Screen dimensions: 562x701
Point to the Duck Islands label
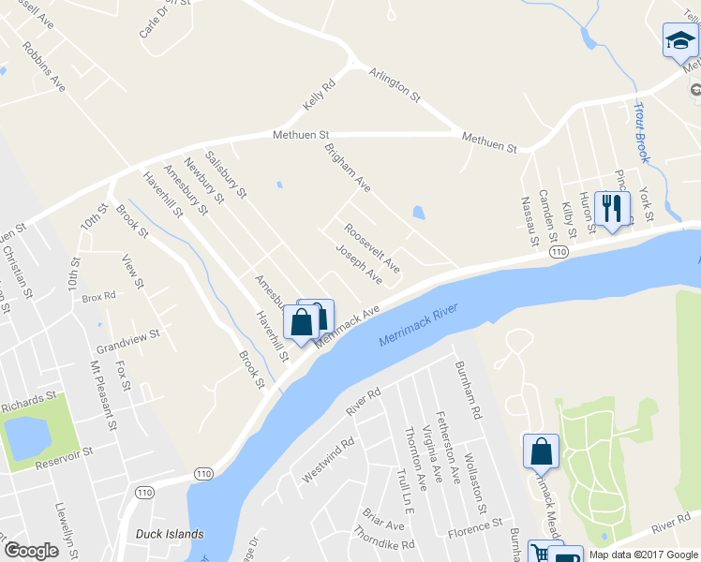click(169, 535)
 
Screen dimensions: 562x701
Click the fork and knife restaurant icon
click(611, 209)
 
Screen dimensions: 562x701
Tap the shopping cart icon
click(541, 553)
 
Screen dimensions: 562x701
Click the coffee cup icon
click(567, 555)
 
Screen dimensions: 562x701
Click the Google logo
click(31, 551)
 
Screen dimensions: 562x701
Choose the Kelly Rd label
click(319, 96)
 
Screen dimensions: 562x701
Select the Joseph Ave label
click(359, 264)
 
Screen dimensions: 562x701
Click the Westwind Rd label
click(328, 460)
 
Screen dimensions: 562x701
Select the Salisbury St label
click(225, 175)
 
